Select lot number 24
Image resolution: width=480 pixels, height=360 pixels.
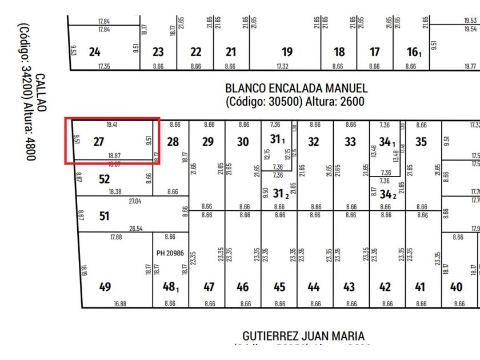[x=95, y=52]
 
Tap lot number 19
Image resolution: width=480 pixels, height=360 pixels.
[x=287, y=52]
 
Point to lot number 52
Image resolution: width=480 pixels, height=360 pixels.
[x=104, y=179]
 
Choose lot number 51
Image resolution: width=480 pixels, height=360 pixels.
[x=104, y=217]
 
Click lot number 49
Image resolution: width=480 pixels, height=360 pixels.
[x=105, y=287]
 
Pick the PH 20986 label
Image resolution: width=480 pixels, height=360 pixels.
[x=170, y=253]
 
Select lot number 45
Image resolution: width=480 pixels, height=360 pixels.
[x=279, y=287]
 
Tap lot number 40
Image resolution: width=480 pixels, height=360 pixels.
[x=456, y=287]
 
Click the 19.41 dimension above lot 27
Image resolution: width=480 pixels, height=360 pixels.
[x=113, y=124]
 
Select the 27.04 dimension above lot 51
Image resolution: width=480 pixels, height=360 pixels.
[x=135, y=201]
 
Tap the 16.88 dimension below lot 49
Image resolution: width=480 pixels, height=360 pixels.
[x=119, y=303]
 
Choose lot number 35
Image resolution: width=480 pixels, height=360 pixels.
[x=421, y=142]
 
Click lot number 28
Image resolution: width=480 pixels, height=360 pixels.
[x=173, y=142]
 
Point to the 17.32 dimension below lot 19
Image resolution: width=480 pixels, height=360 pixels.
[x=282, y=66]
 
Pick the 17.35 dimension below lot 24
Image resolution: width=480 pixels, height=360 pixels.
[x=104, y=66]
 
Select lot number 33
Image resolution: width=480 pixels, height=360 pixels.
[x=350, y=142]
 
